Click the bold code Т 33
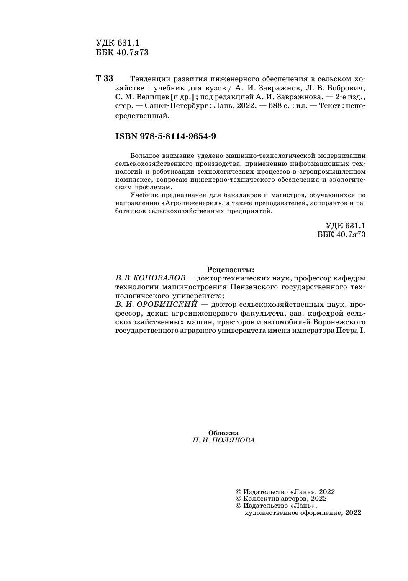[105, 79]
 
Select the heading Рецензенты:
[231, 270]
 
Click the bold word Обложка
[223, 433]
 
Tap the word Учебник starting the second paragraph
[143, 195]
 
